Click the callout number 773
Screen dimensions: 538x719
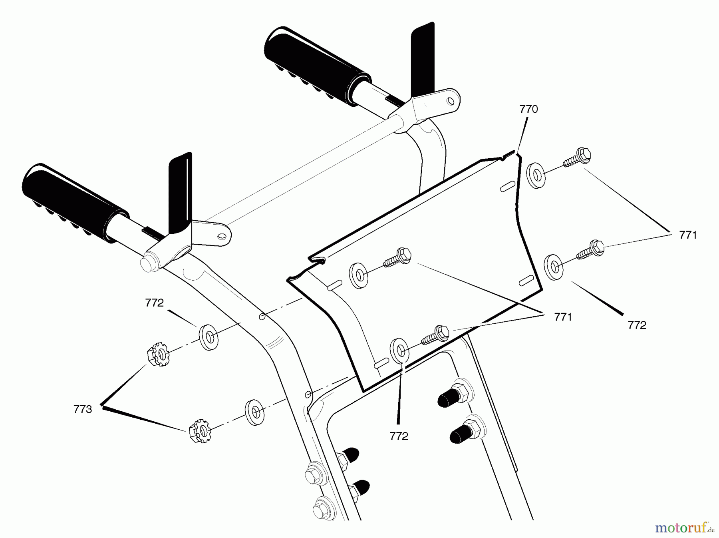(x=83, y=409)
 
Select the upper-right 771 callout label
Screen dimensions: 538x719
(x=687, y=235)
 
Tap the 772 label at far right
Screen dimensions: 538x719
(x=637, y=325)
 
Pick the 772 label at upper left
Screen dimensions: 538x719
(x=155, y=303)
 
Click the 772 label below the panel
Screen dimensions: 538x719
(x=399, y=436)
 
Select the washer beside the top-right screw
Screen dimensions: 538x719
(x=536, y=174)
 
